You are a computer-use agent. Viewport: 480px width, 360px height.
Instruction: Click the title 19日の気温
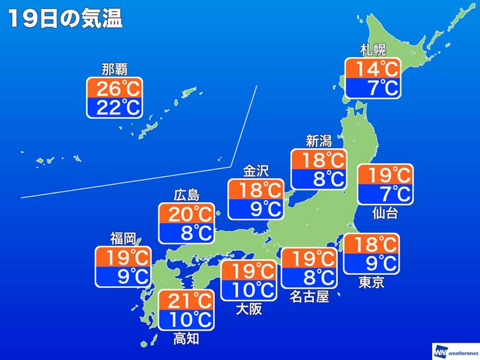coord(65,19)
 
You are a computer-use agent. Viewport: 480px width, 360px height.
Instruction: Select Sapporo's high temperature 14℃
coord(373,69)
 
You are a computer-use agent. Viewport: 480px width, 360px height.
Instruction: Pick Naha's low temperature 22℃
coord(114,108)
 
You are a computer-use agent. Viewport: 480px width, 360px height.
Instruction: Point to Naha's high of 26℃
coord(114,89)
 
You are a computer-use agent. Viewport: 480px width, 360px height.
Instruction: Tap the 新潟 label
coord(319,141)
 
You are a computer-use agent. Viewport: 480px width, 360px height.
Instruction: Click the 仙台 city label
coord(385,213)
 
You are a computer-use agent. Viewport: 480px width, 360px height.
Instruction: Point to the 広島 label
coord(186,196)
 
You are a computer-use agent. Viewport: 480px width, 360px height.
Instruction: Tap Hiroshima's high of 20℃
coord(186,214)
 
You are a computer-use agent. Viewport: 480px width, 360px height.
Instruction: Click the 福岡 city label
coord(123,239)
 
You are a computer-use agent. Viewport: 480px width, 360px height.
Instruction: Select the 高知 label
coord(186,339)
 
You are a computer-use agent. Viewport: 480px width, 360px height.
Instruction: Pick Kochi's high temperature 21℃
coord(186,300)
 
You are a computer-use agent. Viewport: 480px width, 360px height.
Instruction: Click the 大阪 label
coord(248,310)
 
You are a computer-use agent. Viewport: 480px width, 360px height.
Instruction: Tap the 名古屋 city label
coord(310,296)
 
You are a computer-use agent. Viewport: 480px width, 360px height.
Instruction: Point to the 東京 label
coord(371,283)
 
